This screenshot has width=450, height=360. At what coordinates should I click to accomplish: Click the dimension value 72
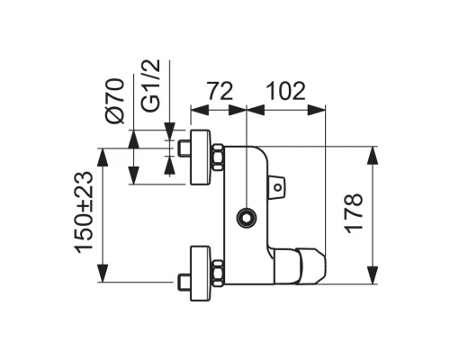220,91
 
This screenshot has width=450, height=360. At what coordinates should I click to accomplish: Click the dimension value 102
286,91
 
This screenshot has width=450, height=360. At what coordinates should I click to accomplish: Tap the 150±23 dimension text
84,212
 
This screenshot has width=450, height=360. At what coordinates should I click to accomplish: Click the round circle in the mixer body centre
244,216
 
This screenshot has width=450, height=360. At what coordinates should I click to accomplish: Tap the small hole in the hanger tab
279,188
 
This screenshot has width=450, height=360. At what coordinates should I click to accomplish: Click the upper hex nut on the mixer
216,159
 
